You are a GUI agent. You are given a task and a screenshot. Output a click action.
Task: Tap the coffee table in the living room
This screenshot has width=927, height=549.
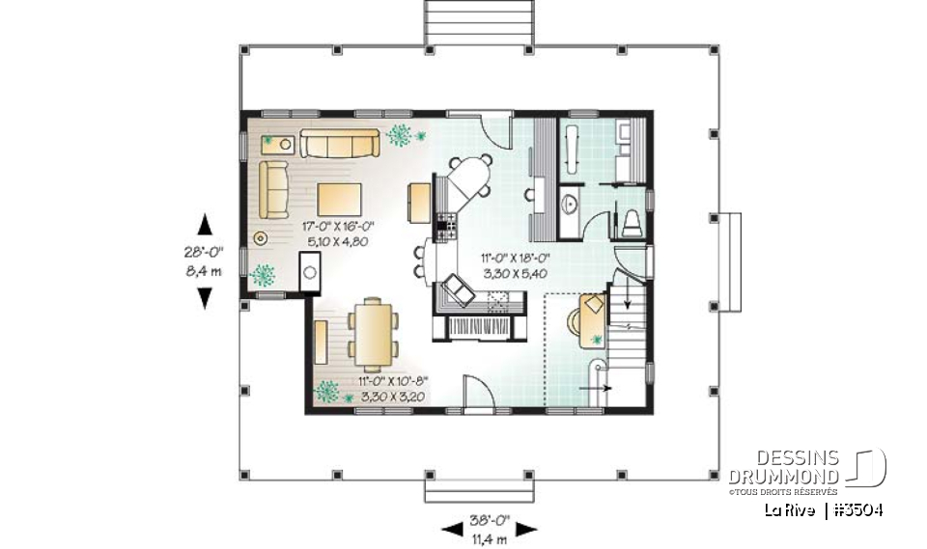tap(340, 199)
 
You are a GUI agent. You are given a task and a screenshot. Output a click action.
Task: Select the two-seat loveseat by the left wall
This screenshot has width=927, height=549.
tap(272, 189)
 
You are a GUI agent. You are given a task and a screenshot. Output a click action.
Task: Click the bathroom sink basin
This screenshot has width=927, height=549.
tap(571, 204)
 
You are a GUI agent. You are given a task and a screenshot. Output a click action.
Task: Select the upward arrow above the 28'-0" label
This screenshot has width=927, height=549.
tap(205, 227)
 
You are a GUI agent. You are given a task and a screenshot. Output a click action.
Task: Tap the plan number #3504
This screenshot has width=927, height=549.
tap(857, 509)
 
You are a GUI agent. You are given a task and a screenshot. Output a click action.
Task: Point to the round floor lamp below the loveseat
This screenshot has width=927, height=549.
tap(260, 237)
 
